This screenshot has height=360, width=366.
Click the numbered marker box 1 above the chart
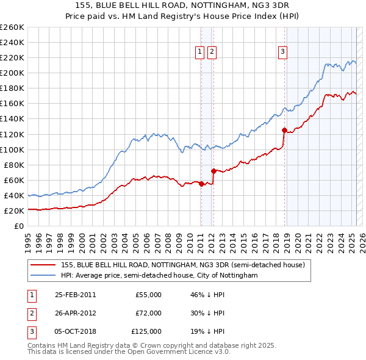pyautogui.click(x=200, y=52)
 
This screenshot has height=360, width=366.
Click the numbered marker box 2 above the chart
pyautogui.click(x=211, y=52)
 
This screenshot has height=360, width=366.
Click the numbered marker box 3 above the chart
pyautogui.click(x=283, y=52)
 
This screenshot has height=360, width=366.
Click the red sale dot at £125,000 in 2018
pyautogui.click(x=284, y=130)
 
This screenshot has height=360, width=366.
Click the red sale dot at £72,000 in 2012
pyautogui.click(x=213, y=171)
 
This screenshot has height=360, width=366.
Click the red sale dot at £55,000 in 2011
pyautogui.click(x=201, y=184)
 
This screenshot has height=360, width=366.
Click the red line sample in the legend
pyautogui.click(x=43, y=265)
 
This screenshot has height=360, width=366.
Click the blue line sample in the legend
pyautogui.click(x=43, y=276)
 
